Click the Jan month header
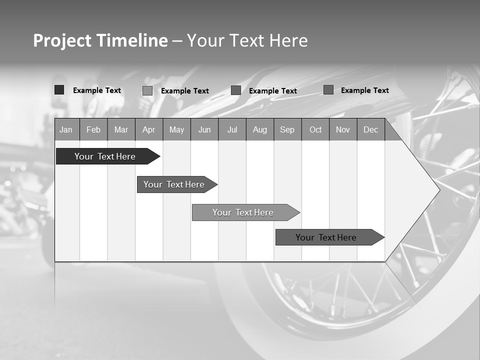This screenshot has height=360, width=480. pyautogui.click(x=66, y=129)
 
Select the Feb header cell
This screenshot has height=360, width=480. pyautogui.click(x=93, y=129)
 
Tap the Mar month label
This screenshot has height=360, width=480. pyautogui.click(x=121, y=129)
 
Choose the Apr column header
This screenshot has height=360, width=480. pyautogui.click(x=149, y=129)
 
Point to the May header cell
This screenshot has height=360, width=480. pyautogui.click(x=176, y=129)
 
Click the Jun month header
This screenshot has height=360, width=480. pyautogui.click(x=204, y=129)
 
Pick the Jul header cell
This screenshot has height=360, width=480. pyautogui.click(x=232, y=129)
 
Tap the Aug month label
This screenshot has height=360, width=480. pyautogui.click(x=260, y=129)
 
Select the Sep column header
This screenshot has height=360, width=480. pyautogui.click(x=287, y=129)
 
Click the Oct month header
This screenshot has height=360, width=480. pyautogui.click(x=315, y=129)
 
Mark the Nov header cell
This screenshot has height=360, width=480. pyautogui.click(x=343, y=129)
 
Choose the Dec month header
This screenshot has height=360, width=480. pyautogui.click(x=371, y=129)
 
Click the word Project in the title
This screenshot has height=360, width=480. pyautogui.click(x=62, y=40)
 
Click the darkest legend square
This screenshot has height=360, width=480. pyautogui.click(x=59, y=90)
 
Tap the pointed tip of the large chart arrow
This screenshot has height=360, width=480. pyautogui.click(x=438, y=190)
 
